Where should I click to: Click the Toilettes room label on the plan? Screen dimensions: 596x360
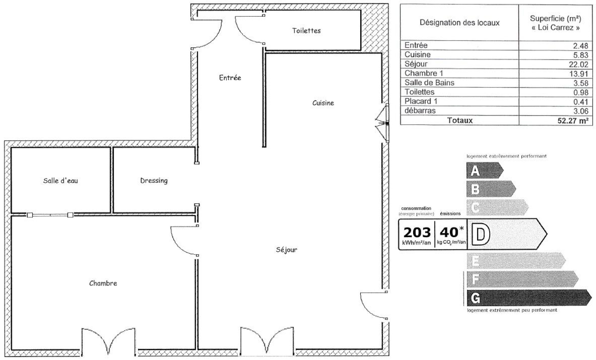(x=306, y=31)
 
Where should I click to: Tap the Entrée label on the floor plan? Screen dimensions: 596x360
(x=230, y=77)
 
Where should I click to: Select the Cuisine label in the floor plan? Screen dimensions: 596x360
(x=323, y=103)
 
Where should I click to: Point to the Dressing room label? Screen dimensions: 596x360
(x=154, y=181)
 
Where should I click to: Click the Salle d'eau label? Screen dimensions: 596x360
(x=60, y=181)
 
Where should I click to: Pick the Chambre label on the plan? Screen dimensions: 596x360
(x=103, y=283)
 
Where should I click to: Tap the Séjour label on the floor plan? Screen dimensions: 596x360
(x=286, y=250)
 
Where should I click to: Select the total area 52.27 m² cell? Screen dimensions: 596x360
(x=573, y=121)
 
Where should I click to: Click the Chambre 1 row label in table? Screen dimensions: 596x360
(x=424, y=73)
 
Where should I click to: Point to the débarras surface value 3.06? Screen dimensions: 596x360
(x=581, y=111)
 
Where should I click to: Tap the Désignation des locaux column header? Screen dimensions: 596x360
(x=460, y=23)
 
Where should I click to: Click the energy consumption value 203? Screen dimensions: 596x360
(x=417, y=233)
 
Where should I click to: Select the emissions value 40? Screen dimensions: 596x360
(x=449, y=232)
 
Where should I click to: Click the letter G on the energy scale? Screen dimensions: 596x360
(x=475, y=298)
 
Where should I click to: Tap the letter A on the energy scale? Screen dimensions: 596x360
(x=475, y=171)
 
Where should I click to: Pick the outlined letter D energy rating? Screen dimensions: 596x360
(x=481, y=234)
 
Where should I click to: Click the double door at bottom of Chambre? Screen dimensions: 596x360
(x=108, y=342)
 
